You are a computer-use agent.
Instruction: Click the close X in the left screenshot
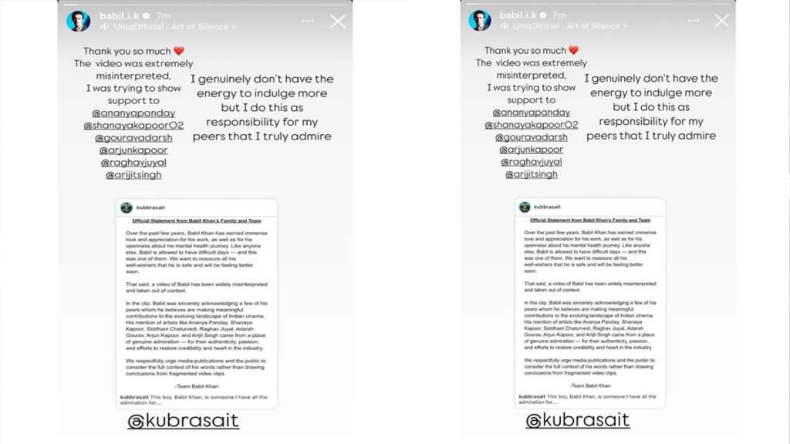coord(338,22)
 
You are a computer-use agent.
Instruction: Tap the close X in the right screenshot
coord(721,21)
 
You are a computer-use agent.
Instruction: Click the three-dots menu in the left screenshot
coord(308,22)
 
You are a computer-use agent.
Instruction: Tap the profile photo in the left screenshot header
coord(78,21)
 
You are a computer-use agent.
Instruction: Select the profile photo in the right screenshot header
coord(480,20)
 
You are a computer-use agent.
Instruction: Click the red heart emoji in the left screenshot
coord(179,52)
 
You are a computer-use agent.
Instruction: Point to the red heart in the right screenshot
coord(573,51)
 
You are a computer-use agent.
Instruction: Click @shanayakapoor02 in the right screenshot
coord(531,125)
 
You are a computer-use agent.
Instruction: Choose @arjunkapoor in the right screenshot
coord(531,150)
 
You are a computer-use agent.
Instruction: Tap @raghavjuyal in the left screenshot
coord(133,163)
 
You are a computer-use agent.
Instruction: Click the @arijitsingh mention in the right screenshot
coord(531,174)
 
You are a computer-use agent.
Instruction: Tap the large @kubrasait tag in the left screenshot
coord(183,421)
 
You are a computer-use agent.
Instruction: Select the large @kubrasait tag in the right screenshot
coord(577,420)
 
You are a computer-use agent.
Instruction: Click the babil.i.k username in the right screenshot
coord(518,15)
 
